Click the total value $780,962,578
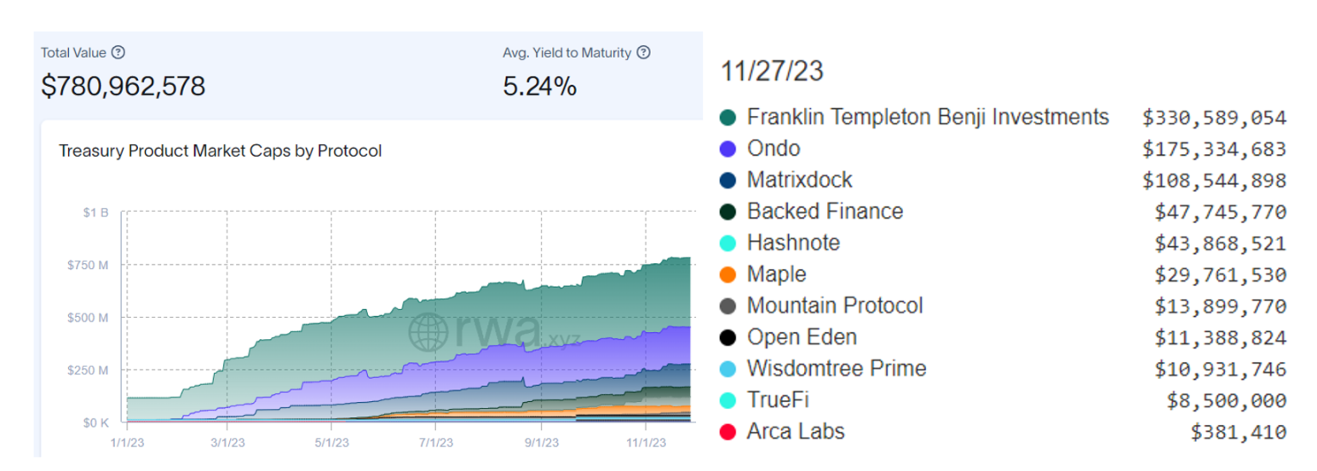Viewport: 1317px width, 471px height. point(124,86)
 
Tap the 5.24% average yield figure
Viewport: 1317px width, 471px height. point(539,86)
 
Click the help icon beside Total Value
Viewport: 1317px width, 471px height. point(118,53)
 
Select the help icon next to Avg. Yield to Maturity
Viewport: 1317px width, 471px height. point(644,53)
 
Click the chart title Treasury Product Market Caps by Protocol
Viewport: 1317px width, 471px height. point(220,151)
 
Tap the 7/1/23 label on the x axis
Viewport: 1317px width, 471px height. point(435,442)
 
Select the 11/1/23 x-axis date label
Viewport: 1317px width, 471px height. point(645,442)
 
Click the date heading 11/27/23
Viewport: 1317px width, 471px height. point(772,72)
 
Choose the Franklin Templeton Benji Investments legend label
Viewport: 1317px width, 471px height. point(928,117)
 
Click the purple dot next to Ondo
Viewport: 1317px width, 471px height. point(728,149)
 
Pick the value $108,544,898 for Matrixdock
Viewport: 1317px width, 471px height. point(1220,181)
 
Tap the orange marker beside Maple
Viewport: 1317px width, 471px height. point(728,275)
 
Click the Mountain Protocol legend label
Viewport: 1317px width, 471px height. point(834,306)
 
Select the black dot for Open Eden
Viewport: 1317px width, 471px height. point(728,338)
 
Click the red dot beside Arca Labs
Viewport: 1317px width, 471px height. point(728,433)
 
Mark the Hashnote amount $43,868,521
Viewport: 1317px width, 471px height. point(1220,244)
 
